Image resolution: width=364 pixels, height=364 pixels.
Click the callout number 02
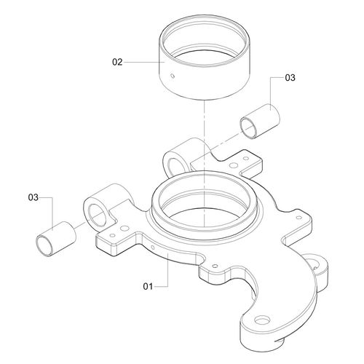tap(117, 62)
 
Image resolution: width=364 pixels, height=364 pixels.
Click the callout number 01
tap(148, 286)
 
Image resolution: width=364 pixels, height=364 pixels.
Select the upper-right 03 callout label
tap(290, 78)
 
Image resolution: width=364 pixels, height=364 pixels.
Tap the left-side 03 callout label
tap(33, 197)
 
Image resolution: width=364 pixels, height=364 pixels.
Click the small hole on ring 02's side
tap(173, 76)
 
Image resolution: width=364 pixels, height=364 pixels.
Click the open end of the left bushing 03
tap(44, 245)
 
